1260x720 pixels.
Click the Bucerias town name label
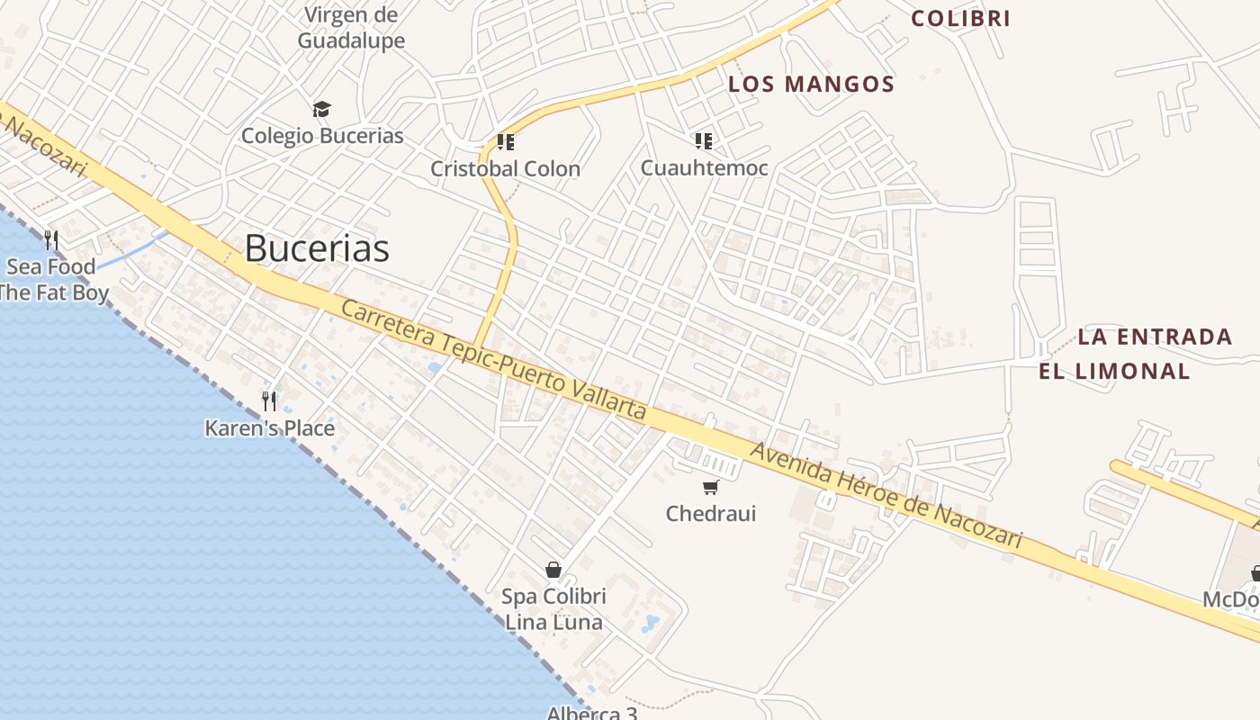[x=317, y=248]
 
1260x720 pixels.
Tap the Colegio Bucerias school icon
[x=321, y=110]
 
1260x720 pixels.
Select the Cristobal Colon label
[x=505, y=168]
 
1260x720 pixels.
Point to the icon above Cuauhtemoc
[x=703, y=140]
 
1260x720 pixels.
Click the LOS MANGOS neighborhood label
[x=811, y=85]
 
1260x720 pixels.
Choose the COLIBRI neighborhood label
[x=960, y=18]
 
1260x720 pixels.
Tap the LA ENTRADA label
[x=1155, y=337]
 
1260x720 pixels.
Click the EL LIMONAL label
[x=1114, y=371]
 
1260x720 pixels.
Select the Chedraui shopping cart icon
[x=711, y=488]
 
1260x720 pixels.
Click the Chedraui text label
[x=711, y=514]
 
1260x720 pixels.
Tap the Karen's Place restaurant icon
[x=269, y=400]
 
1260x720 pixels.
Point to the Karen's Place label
[x=269, y=428]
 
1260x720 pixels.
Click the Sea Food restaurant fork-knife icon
[x=51, y=240]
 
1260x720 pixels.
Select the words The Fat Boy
[x=54, y=292]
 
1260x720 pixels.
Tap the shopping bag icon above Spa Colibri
[x=553, y=570]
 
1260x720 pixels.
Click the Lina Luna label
[x=553, y=622]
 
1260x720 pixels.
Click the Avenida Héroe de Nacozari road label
[x=886, y=495]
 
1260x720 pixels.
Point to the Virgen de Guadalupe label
[x=351, y=28]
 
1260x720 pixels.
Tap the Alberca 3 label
[x=592, y=714]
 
